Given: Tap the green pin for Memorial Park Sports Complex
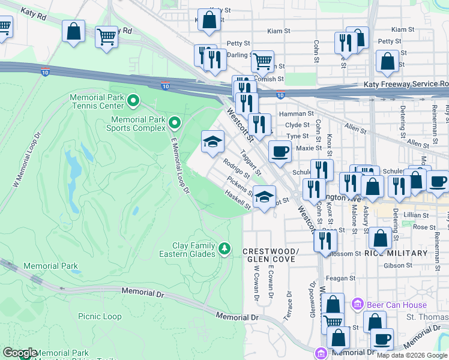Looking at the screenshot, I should click(175, 124).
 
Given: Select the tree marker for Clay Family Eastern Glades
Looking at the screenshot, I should click(224, 248).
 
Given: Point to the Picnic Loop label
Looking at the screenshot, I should click(100, 317).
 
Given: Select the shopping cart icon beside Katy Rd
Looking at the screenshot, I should click(107, 36).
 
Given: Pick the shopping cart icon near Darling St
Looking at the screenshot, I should click(262, 61).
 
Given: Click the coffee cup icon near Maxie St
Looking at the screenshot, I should click(279, 151).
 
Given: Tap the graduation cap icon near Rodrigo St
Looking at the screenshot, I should click(212, 142).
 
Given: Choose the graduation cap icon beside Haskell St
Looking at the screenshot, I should click(264, 196).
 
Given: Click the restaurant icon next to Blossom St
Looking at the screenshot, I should click(325, 240).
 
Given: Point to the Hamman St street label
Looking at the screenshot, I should click(300, 113).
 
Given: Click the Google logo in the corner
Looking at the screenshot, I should click(20, 353).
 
